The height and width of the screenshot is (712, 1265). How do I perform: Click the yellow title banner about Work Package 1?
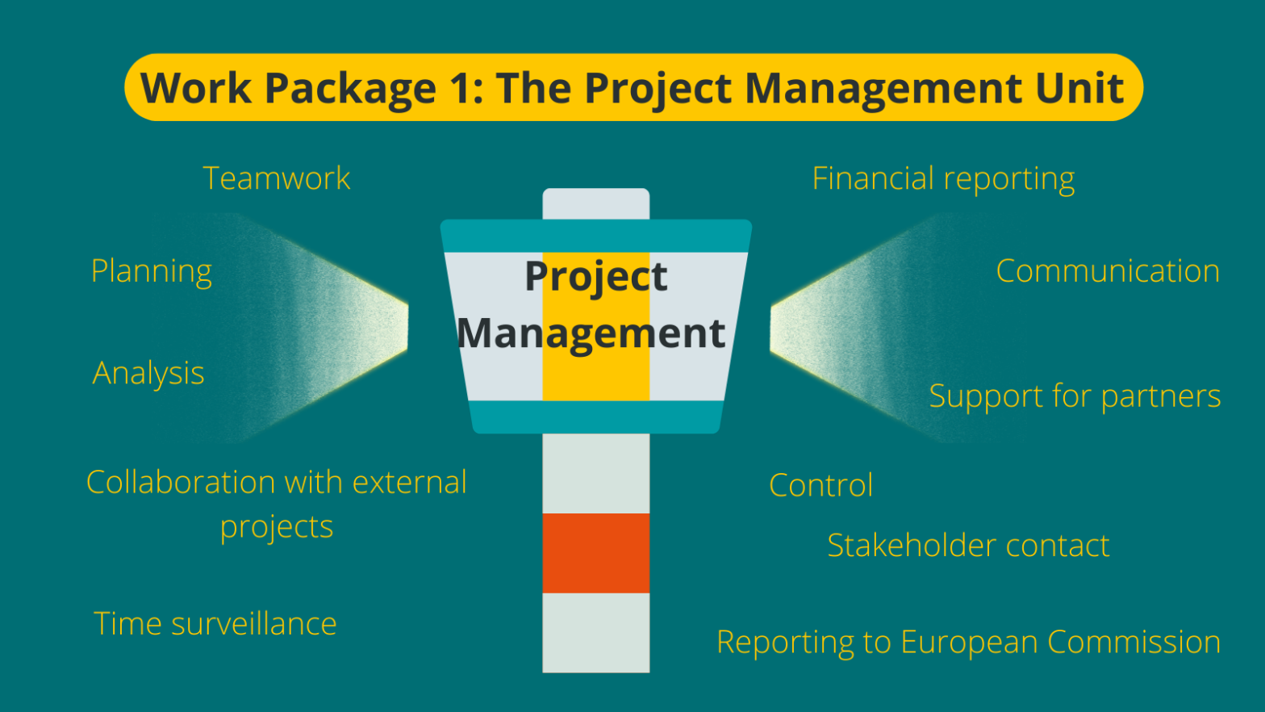click(633, 87)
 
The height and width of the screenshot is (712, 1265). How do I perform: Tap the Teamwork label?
click(277, 178)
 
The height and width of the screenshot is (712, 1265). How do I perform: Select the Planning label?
click(152, 271)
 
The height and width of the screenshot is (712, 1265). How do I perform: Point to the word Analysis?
click(148, 373)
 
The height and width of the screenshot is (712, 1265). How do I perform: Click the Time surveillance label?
click(215, 624)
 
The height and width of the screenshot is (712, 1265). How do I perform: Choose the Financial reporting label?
click(943, 179)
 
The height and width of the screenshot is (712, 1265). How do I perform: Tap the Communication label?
click(1108, 271)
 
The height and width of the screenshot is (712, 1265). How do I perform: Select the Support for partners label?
click(1075, 396)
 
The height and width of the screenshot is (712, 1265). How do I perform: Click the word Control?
click(821, 485)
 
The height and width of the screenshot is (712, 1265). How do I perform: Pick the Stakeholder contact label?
click(968, 546)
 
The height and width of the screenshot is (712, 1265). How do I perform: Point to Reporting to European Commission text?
click(968, 643)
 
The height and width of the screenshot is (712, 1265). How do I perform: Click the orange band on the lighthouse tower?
click(595, 553)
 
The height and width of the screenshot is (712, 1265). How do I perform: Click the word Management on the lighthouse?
click(591, 333)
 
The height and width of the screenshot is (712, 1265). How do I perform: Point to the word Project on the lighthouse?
click(595, 276)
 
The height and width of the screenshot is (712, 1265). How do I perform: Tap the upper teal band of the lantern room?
click(595, 236)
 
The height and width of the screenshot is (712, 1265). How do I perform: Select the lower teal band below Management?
click(595, 417)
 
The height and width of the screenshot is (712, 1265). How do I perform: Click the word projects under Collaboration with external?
click(277, 526)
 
